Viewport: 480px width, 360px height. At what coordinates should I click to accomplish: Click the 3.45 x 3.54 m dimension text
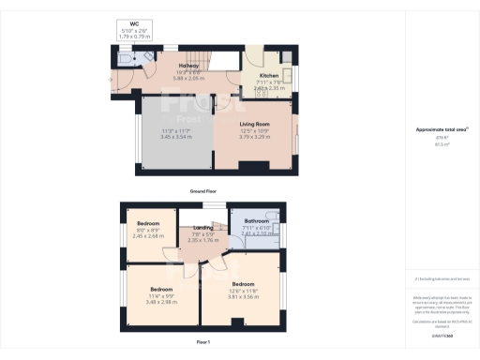176,137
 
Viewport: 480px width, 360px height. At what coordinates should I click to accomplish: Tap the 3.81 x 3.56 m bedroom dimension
243,295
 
